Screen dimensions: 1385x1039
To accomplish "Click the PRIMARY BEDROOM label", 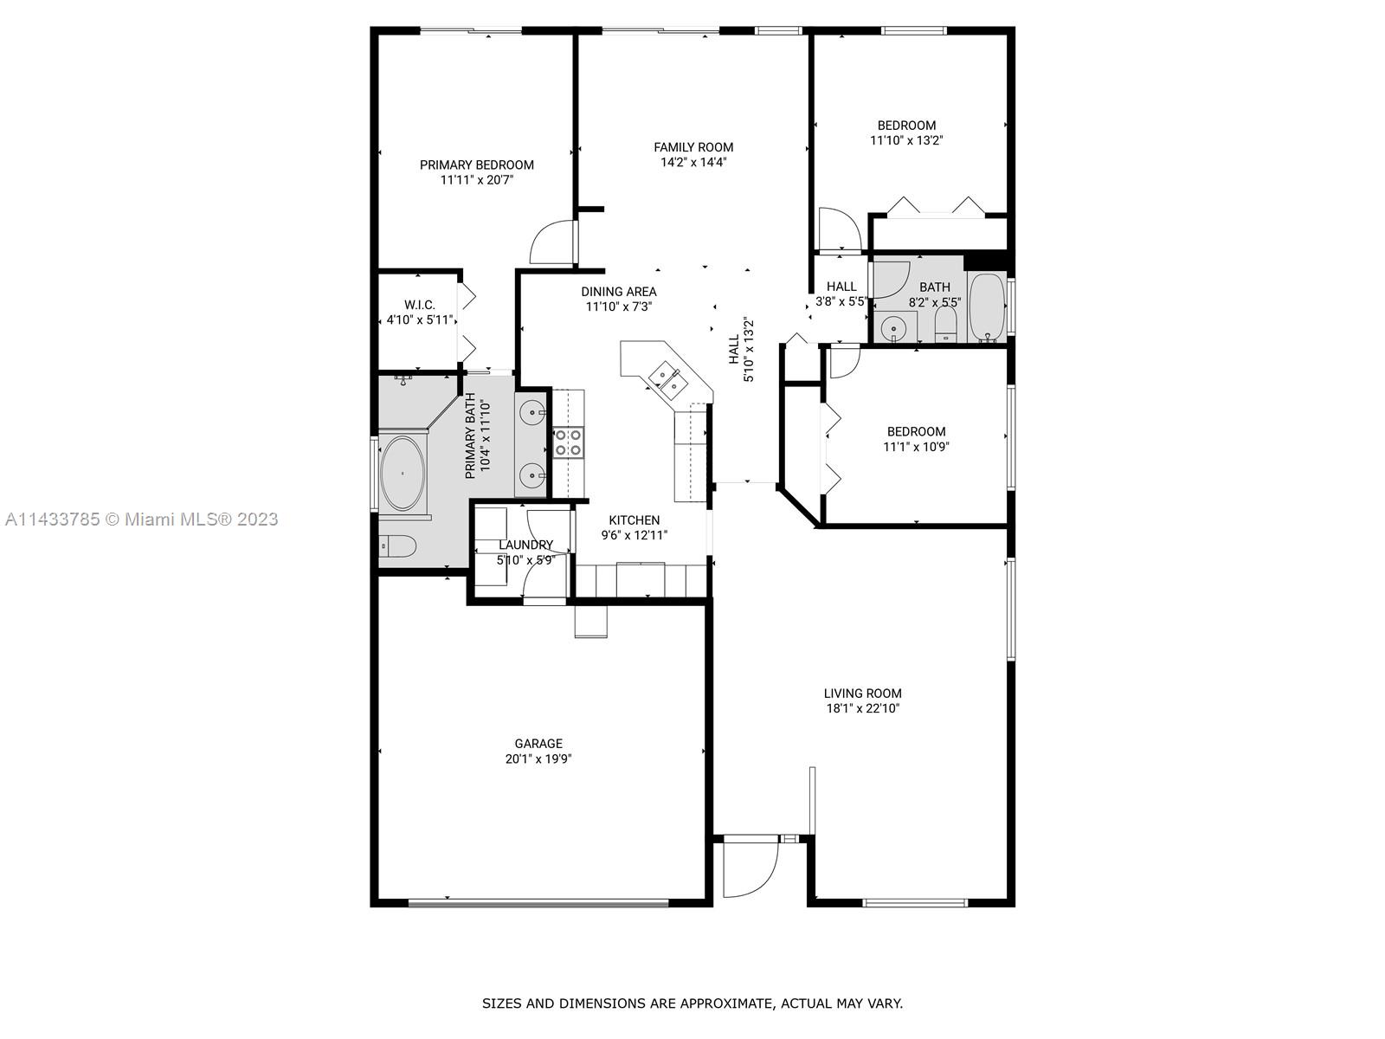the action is (476, 165).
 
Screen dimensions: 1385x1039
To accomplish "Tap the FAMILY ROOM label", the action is (693, 147).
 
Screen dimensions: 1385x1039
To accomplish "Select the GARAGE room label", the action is (538, 743).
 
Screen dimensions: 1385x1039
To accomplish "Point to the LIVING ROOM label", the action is (862, 693).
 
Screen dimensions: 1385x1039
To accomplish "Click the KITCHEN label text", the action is (635, 519).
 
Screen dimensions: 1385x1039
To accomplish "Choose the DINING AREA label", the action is (618, 292).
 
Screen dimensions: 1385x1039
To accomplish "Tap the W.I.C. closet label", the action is (420, 305).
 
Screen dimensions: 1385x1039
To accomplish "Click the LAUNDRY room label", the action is (525, 545).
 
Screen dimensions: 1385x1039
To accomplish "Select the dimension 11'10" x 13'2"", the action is (906, 140).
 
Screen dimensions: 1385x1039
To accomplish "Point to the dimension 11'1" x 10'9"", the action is (916, 447).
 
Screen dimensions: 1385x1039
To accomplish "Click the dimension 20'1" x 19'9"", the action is (538, 758).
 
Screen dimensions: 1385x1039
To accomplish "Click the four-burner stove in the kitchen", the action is (568, 442).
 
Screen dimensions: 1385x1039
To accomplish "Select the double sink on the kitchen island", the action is (667, 378).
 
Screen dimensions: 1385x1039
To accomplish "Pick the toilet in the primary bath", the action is (398, 545).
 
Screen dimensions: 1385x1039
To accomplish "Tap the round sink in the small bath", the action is (892, 328).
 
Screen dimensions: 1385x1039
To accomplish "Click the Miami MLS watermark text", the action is (141, 519).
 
